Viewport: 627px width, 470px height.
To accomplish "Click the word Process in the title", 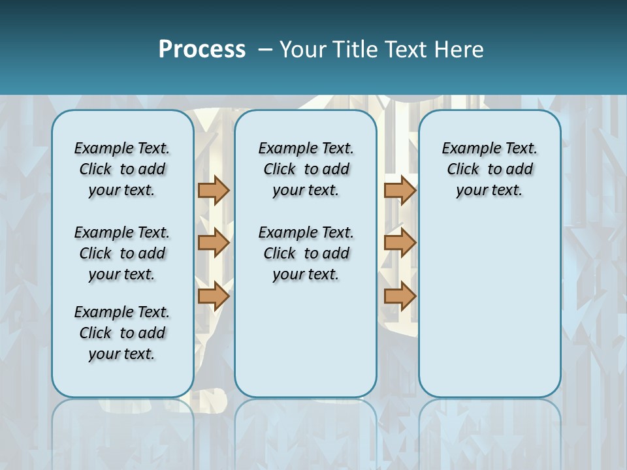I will tap(202, 50).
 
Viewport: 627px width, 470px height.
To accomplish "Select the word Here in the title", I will tap(460, 50).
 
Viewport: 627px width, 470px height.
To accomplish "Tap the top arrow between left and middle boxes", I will tap(214, 190).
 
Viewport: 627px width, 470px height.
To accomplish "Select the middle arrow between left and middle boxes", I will tap(214, 243).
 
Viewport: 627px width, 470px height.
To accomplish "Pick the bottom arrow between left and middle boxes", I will tap(214, 296).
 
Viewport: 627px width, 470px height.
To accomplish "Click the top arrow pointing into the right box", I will tap(400, 190).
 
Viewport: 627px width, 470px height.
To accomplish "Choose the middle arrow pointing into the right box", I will tap(400, 243).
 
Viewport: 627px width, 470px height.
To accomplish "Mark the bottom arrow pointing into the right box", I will tap(400, 296).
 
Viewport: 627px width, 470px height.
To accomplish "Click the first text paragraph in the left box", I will tap(122, 169).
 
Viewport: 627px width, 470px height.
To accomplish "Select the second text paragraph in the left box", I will tap(122, 253).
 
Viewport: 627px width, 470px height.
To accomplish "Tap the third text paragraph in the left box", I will tap(122, 333).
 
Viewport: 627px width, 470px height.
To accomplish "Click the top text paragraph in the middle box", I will tap(306, 169).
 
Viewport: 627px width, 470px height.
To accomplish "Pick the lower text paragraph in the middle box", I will tap(306, 253).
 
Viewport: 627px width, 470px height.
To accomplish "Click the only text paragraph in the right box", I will tap(489, 169).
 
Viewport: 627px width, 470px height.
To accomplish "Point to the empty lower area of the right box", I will tap(489, 307).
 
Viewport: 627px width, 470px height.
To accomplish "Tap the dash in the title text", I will tap(266, 50).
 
